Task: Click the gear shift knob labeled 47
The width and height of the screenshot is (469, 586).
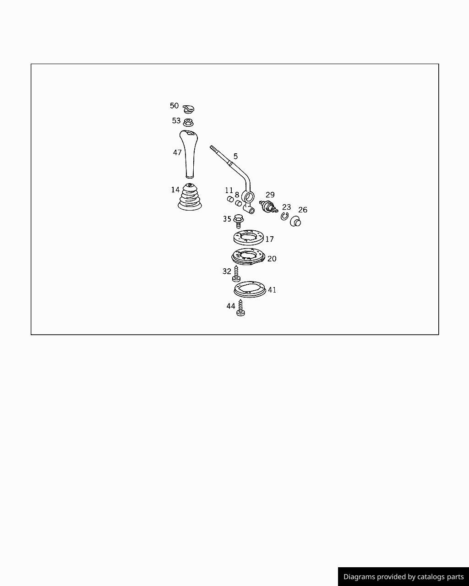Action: [x=189, y=154]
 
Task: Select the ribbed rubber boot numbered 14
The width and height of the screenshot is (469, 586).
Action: [x=190, y=197]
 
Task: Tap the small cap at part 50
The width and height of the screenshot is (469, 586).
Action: [x=188, y=109]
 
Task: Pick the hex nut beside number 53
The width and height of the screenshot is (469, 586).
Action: [x=188, y=122]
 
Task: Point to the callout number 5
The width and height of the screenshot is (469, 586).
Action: [x=235, y=156]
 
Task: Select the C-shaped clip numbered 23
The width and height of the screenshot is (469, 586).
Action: [x=284, y=216]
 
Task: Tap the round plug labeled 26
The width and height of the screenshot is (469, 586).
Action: [x=295, y=221]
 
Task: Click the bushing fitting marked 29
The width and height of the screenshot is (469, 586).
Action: [x=268, y=206]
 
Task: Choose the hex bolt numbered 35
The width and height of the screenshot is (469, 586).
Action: [x=239, y=221]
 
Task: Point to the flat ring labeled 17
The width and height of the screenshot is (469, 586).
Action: [x=249, y=237]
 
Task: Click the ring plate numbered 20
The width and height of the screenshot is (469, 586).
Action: [x=248, y=256]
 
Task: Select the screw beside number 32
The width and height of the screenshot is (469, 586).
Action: [x=236, y=274]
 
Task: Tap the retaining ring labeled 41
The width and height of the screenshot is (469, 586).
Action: [x=250, y=289]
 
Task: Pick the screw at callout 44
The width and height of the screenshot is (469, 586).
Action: [x=240, y=308]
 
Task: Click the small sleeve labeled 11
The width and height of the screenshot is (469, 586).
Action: [x=230, y=199]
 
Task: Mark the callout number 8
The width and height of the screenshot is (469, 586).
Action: [x=237, y=195]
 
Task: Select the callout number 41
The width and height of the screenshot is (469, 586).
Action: [x=272, y=290]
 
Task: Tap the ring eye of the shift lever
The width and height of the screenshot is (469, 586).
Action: [x=248, y=197]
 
